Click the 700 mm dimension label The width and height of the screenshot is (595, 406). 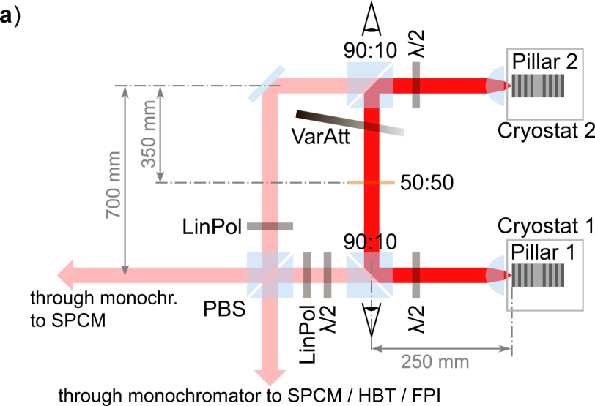(x=114, y=184)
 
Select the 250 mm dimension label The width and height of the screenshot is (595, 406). (x=435, y=361)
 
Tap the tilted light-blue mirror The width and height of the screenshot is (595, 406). (x=266, y=84)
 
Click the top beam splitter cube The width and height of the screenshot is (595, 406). (x=370, y=85)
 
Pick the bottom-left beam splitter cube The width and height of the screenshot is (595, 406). (x=270, y=275)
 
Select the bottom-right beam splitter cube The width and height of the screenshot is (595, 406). (x=370, y=275)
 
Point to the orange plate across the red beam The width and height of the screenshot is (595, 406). (x=371, y=182)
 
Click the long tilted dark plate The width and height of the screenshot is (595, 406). (x=350, y=123)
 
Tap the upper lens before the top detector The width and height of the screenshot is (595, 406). (x=496, y=85)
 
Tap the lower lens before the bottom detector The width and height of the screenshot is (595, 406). (x=496, y=275)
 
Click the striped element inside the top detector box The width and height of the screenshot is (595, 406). (x=538, y=86)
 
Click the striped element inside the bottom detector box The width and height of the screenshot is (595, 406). (x=538, y=275)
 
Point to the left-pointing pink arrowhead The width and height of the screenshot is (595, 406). (x=65, y=275)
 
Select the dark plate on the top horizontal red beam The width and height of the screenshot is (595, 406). (x=415, y=85)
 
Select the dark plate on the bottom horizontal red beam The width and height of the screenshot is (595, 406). (x=415, y=275)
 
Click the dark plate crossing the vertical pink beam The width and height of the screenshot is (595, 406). (x=270, y=226)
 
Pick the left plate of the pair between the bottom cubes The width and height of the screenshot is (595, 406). (x=307, y=275)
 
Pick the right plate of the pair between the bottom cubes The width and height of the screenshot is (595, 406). (x=328, y=275)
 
